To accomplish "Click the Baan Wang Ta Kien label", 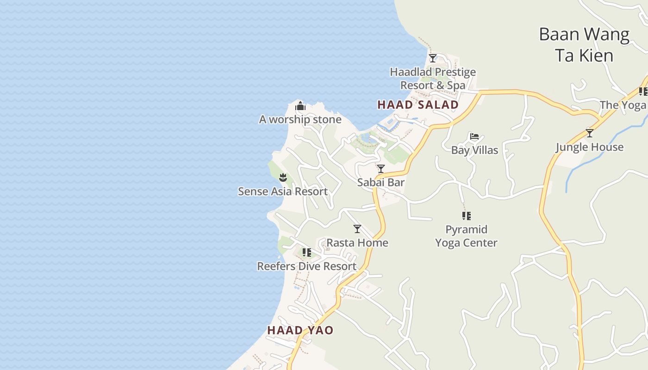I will click(x=584, y=45).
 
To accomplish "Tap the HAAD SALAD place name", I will click(x=418, y=105).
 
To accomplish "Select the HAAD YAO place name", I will click(x=300, y=330).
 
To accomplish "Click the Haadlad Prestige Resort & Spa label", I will click(x=433, y=79).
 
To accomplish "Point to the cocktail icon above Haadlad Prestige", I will click(x=433, y=58).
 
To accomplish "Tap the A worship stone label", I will click(x=300, y=119).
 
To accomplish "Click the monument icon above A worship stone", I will click(x=300, y=106).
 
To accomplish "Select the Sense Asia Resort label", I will click(x=283, y=191).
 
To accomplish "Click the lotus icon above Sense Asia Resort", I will click(x=283, y=177).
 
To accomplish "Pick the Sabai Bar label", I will click(x=381, y=182).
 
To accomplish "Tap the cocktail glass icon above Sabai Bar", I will click(x=381, y=169).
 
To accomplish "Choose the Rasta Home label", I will click(x=357, y=243).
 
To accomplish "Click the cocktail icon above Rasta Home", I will click(x=357, y=229).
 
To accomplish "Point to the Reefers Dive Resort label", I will click(x=307, y=266).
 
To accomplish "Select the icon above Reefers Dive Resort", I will click(x=306, y=253).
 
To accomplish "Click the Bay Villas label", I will click(x=474, y=150).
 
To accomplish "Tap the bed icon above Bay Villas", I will click(x=474, y=136).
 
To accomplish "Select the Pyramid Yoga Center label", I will click(x=466, y=236).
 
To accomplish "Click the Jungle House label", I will click(x=589, y=147).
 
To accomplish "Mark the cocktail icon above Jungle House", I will click(x=589, y=133).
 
